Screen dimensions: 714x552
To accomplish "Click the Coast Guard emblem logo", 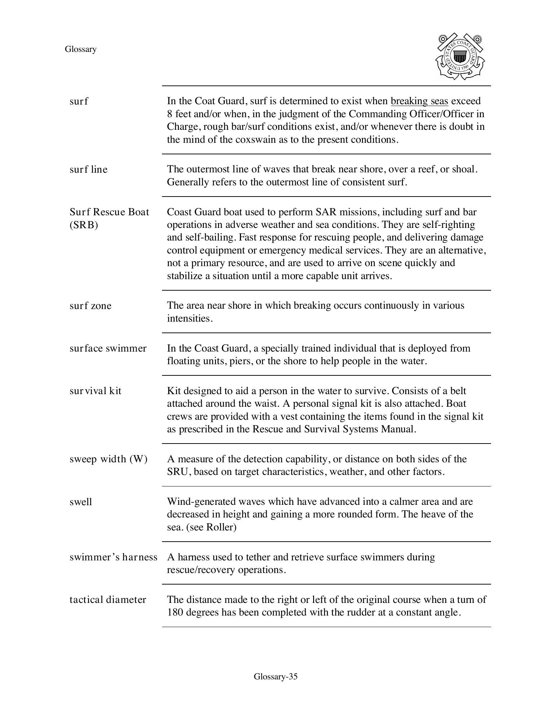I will (x=460, y=57).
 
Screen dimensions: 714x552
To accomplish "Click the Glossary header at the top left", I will (x=81, y=49).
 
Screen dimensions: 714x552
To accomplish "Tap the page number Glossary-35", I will (x=276, y=676).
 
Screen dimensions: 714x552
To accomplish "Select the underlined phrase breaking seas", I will (x=419, y=101).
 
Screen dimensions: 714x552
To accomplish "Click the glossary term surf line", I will (x=88, y=169).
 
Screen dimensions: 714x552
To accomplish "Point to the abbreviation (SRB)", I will (x=84, y=225).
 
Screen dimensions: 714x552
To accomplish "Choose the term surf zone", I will (x=91, y=306).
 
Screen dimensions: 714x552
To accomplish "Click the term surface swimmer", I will (x=108, y=348).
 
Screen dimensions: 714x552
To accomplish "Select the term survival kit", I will (x=95, y=391).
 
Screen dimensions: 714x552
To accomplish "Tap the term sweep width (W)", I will (x=109, y=459).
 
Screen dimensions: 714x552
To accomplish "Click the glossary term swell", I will (x=81, y=502).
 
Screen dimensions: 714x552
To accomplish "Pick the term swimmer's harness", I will (x=113, y=557).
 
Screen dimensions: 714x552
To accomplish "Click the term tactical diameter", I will (x=108, y=600).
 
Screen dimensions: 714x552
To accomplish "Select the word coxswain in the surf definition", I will (x=256, y=140).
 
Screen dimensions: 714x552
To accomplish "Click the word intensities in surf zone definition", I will (x=189, y=318).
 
